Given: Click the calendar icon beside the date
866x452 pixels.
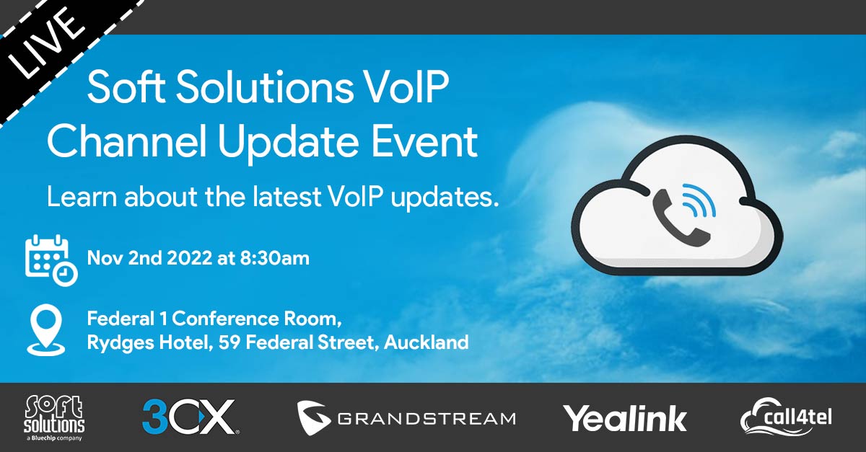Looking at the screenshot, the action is pos(51,260).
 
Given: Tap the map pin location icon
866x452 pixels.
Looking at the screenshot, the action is pos(46,330).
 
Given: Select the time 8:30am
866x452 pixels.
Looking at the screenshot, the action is pos(274,258).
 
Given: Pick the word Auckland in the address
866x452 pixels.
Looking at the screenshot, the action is pos(427,342).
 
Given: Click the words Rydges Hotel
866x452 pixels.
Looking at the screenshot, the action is pos(148,343).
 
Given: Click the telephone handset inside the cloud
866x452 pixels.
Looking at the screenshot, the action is pos(681,218).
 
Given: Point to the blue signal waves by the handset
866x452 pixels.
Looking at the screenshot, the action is pos(699,200).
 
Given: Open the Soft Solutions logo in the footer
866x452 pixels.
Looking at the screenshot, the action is pos(54,418).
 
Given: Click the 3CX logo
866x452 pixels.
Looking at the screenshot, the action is pos(191,417).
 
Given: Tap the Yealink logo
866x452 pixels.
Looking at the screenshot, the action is pos(625,419).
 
